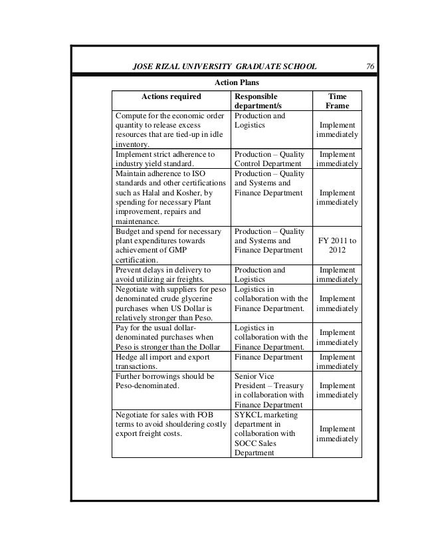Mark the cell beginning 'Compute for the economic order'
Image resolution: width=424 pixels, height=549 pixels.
point(169,130)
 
